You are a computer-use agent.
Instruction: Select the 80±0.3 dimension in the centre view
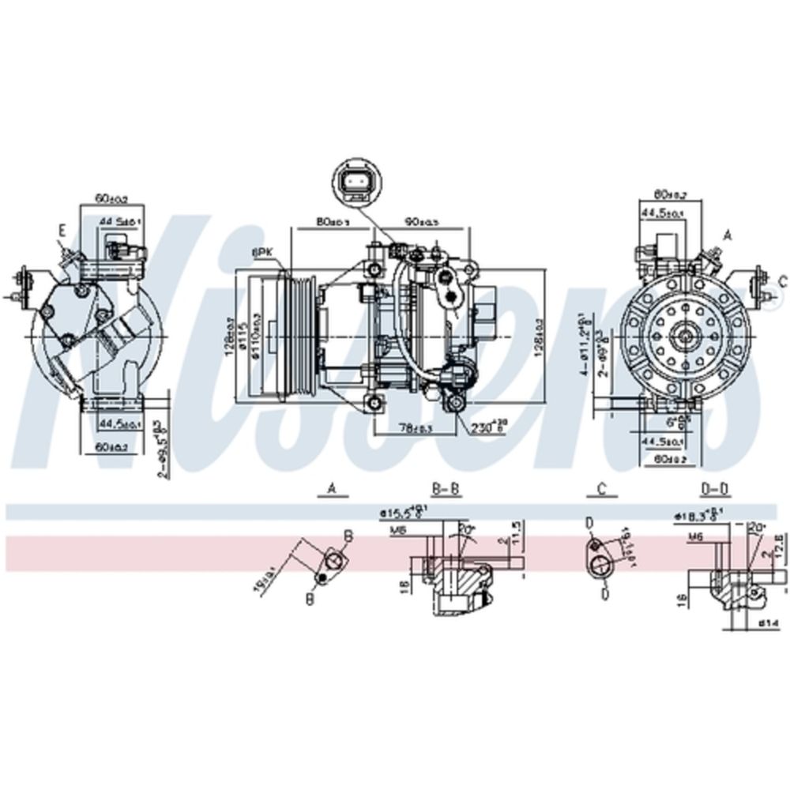pos(333,222)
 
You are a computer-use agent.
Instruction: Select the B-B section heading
pos(446,491)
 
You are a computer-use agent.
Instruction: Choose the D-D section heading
pos(715,491)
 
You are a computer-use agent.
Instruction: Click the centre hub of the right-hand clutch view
pos(683,336)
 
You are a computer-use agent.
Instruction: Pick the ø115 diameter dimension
pos(245,336)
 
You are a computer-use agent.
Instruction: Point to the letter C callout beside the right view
pos(783,280)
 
